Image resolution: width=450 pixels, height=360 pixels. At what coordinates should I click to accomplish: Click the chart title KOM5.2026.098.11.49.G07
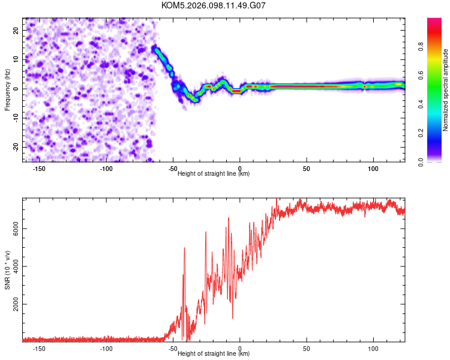[x=214, y=5]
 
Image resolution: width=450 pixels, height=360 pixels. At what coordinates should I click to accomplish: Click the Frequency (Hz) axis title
[x=8, y=90]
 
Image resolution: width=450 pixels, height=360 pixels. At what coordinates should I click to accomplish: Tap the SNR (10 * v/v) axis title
[x=8, y=270]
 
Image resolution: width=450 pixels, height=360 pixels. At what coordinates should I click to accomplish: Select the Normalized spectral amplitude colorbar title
[x=446, y=90]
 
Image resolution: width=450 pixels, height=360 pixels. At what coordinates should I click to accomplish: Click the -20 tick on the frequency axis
[x=16, y=147]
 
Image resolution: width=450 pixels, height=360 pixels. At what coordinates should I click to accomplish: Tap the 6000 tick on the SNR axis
[x=13, y=228]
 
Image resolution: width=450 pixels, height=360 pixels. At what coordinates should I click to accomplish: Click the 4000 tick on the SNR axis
[x=13, y=266]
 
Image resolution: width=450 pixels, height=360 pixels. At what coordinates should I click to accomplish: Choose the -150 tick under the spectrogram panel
[x=40, y=169]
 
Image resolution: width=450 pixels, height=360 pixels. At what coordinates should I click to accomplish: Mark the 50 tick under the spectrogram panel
[x=307, y=169]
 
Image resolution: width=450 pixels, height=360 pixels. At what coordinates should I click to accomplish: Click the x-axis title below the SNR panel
[x=214, y=354]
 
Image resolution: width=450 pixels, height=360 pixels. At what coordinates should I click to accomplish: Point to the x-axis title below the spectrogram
[x=214, y=174]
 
